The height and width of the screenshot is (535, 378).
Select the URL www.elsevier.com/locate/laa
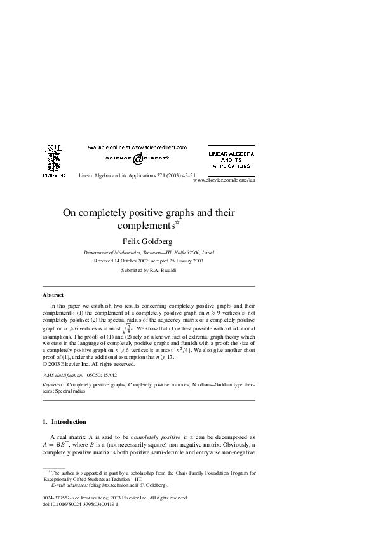coord(223,180)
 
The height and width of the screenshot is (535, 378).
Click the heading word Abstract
coord(53,295)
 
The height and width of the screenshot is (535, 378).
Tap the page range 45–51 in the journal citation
coord(186,175)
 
